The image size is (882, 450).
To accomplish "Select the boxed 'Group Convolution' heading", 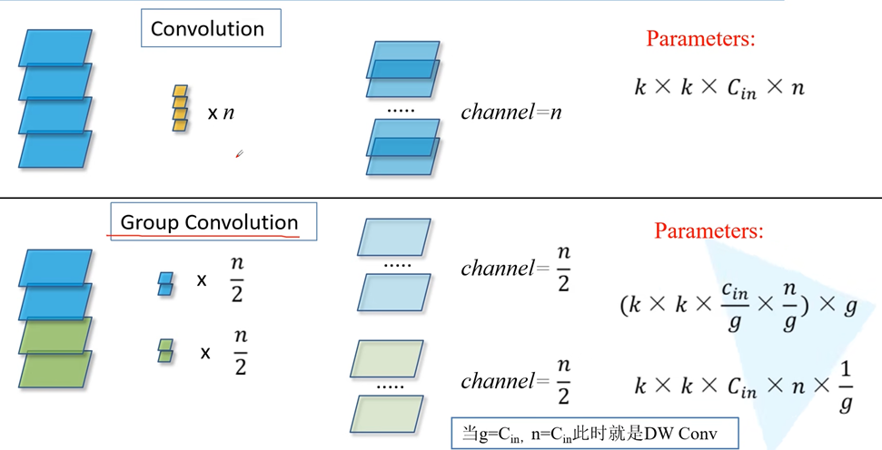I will coord(210,222).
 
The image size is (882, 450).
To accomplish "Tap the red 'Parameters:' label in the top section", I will coord(700,39).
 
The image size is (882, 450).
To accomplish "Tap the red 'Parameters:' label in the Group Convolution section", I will coord(709,231).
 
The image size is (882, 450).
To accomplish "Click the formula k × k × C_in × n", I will coord(719,87).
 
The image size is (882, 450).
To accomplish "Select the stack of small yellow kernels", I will coord(180,108).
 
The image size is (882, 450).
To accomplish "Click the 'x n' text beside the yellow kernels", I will coord(221,113).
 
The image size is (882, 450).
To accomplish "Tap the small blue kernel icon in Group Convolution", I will coord(165,283).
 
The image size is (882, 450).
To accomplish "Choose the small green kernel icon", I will coord(165,350).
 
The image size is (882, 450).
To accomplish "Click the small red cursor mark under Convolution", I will coord(239,154).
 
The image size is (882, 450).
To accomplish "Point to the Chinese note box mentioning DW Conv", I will coord(595,433).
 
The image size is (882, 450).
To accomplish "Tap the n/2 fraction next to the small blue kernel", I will coord(237,280).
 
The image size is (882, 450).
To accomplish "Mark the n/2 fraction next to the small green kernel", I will coord(240,352).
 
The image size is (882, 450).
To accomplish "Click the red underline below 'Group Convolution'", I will coord(204,237).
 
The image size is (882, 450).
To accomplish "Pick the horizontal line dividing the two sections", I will coord(441,198).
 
